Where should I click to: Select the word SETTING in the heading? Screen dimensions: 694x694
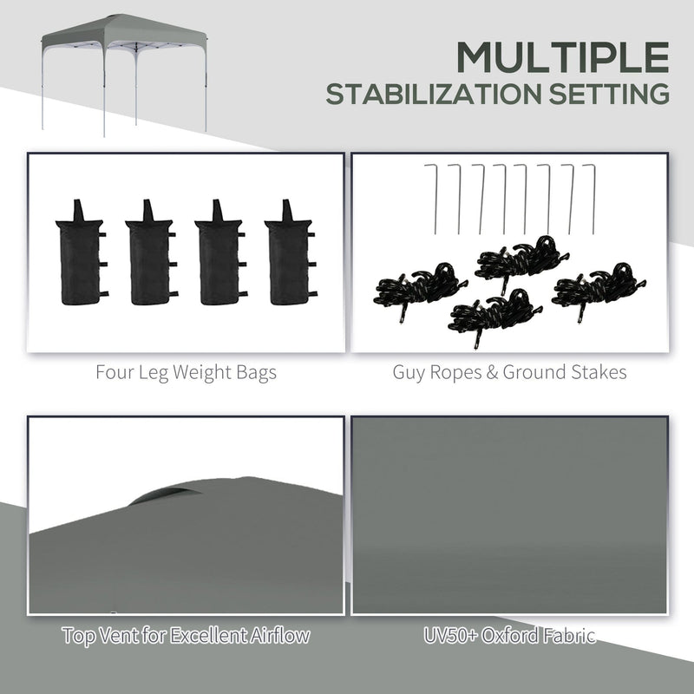click(603, 94)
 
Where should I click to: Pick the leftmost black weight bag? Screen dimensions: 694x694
click(79, 258)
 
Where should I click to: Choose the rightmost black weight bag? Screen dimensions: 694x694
click(288, 258)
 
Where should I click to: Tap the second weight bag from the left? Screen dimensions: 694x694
click(148, 258)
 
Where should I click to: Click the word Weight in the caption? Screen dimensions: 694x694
click(194, 374)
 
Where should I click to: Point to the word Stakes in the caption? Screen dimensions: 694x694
click(598, 374)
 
